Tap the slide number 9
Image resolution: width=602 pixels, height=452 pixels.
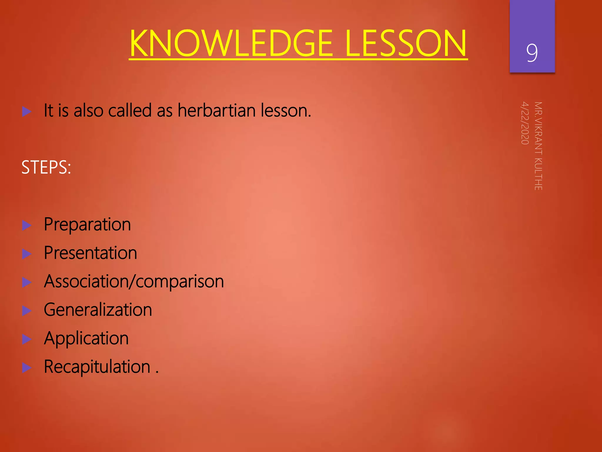click(x=532, y=53)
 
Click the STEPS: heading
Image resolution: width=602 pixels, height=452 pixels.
click(x=46, y=167)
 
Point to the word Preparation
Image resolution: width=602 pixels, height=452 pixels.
click(x=87, y=225)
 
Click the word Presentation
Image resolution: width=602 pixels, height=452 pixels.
click(x=90, y=253)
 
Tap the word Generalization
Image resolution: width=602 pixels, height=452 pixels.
click(x=98, y=310)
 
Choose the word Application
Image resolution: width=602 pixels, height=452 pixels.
click(x=86, y=338)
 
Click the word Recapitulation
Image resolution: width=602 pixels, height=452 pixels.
click(x=97, y=367)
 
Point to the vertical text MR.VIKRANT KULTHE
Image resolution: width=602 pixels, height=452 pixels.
click(x=538, y=146)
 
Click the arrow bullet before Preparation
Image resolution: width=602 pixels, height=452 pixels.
click(x=27, y=225)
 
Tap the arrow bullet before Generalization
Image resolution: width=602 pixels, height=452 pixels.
click(x=27, y=311)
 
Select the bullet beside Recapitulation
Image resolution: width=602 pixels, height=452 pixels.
click(x=27, y=368)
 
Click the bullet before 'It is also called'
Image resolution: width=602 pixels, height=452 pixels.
click(x=27, y=112)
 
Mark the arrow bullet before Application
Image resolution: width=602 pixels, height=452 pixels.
click(x=27, y=339)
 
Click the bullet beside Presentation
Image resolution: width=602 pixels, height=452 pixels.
click(x=27, y=254)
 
